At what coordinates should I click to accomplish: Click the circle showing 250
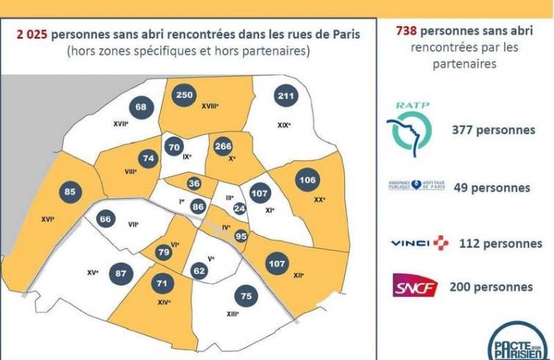(x=185, y=95)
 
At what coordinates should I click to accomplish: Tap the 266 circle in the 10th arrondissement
(x=223, y=147)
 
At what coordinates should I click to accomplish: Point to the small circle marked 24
(x=239, y=208)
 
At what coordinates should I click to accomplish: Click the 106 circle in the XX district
(x=307, y=181)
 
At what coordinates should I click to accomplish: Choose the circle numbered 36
(x=194, y=183)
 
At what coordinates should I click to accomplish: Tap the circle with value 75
(x=247, y=296)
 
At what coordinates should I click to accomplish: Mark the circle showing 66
(x=106, y=219)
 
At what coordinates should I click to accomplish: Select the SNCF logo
(x=415, y=286)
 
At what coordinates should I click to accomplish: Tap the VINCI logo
(x=419, y=243)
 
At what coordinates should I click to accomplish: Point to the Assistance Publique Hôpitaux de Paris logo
(x=416, y=185)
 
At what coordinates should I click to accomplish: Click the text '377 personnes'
(x=494, y=130)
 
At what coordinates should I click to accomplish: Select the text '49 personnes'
(x=492, y=187)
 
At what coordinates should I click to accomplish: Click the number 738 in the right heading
(x=409, y=31)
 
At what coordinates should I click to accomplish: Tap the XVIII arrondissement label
(x=211, y=106)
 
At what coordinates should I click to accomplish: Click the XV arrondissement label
(x=92, y=272)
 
